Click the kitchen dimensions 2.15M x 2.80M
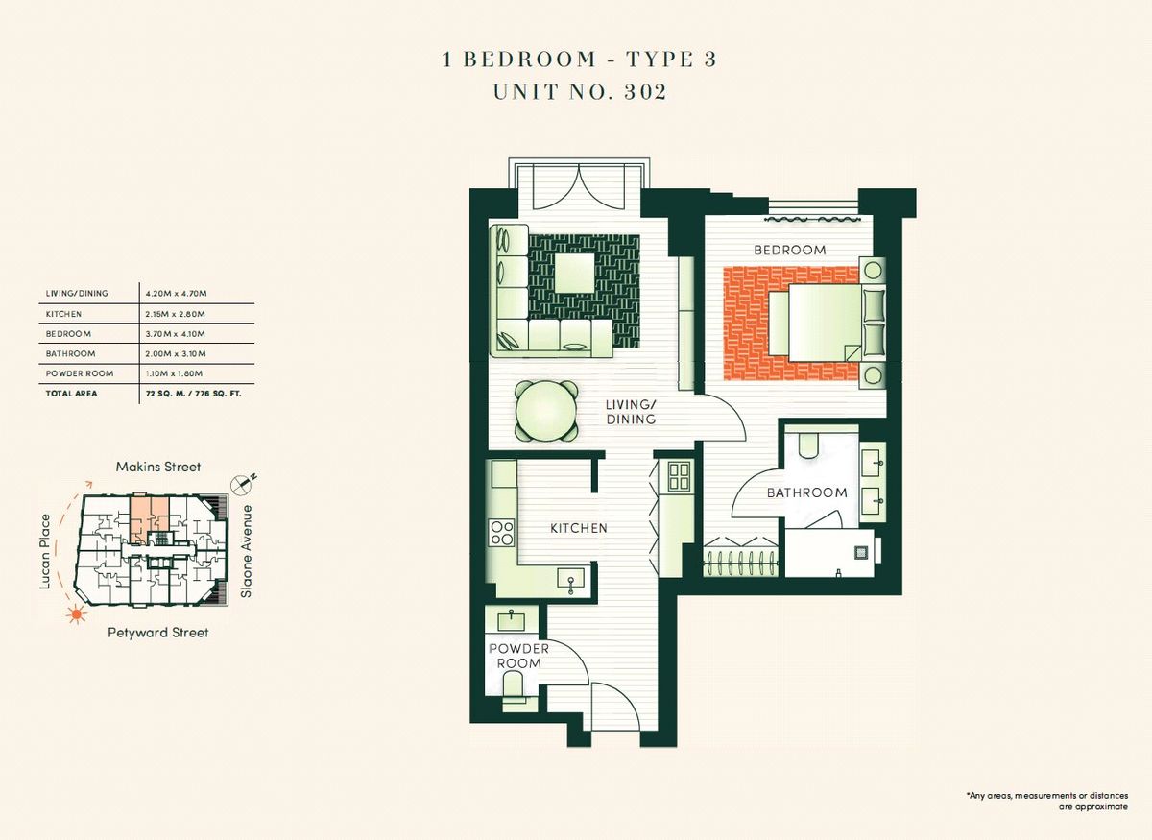pos(176,314)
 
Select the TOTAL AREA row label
pos(71,394)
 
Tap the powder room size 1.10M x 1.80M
pos(174,373)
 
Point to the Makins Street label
pos(158,468)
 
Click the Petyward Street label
pos(158,633)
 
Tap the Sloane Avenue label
pos(247,551)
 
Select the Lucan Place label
pos(45,551)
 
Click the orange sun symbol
pos(77,613)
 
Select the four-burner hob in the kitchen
pos(501,533)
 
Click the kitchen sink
pos(571,579)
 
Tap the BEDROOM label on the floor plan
pos(790,250)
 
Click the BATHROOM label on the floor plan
pos(807,492)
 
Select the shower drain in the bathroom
pos(861,553)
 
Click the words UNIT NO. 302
pos(580,91)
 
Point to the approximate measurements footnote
pos(1047,802)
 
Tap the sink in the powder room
pos(511,620)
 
